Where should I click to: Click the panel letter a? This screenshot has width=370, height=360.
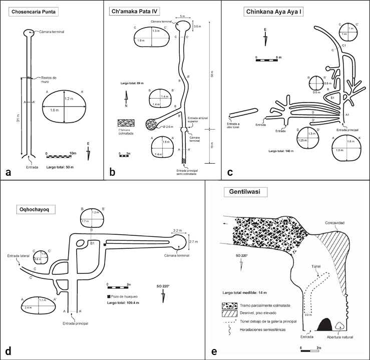[x=8, y=173]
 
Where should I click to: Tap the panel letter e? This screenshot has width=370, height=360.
[x=214, y=351]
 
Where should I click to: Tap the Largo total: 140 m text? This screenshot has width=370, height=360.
[x=281, y=150]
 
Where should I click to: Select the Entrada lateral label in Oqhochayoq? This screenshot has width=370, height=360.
[x=19, y=256]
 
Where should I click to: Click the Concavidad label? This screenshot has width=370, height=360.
[x=333, y=223]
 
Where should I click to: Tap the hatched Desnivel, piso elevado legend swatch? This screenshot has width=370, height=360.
[x=232, y=312]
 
